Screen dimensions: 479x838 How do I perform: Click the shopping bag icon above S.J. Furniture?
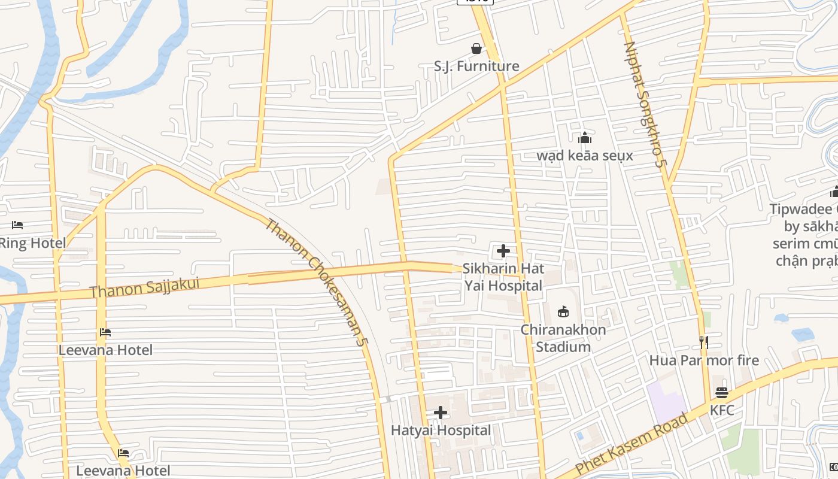[476, 48]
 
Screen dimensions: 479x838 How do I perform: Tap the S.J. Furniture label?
[476, 66]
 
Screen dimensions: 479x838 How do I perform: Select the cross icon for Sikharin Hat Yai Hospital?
[503, 251]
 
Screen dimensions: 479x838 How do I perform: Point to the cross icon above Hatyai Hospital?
[441, 413]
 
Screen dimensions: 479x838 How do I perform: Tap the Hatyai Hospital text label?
[441, 431]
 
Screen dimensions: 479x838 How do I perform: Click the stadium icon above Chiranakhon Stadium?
[563, 311]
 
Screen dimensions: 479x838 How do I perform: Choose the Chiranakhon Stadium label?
[563, 338]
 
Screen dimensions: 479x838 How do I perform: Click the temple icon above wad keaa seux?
[585, 138]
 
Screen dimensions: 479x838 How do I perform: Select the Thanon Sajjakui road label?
[144, 288]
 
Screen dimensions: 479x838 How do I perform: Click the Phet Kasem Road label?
[631, 443]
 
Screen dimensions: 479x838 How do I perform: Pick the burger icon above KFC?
[722, 393]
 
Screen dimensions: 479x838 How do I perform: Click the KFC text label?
[722, 410]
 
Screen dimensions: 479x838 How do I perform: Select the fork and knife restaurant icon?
[704, 342]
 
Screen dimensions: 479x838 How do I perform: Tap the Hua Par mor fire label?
[704, 360]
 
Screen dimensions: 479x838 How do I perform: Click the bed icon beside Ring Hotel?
[17, 225]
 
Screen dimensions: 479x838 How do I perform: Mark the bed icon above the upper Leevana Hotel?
[105, 332]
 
